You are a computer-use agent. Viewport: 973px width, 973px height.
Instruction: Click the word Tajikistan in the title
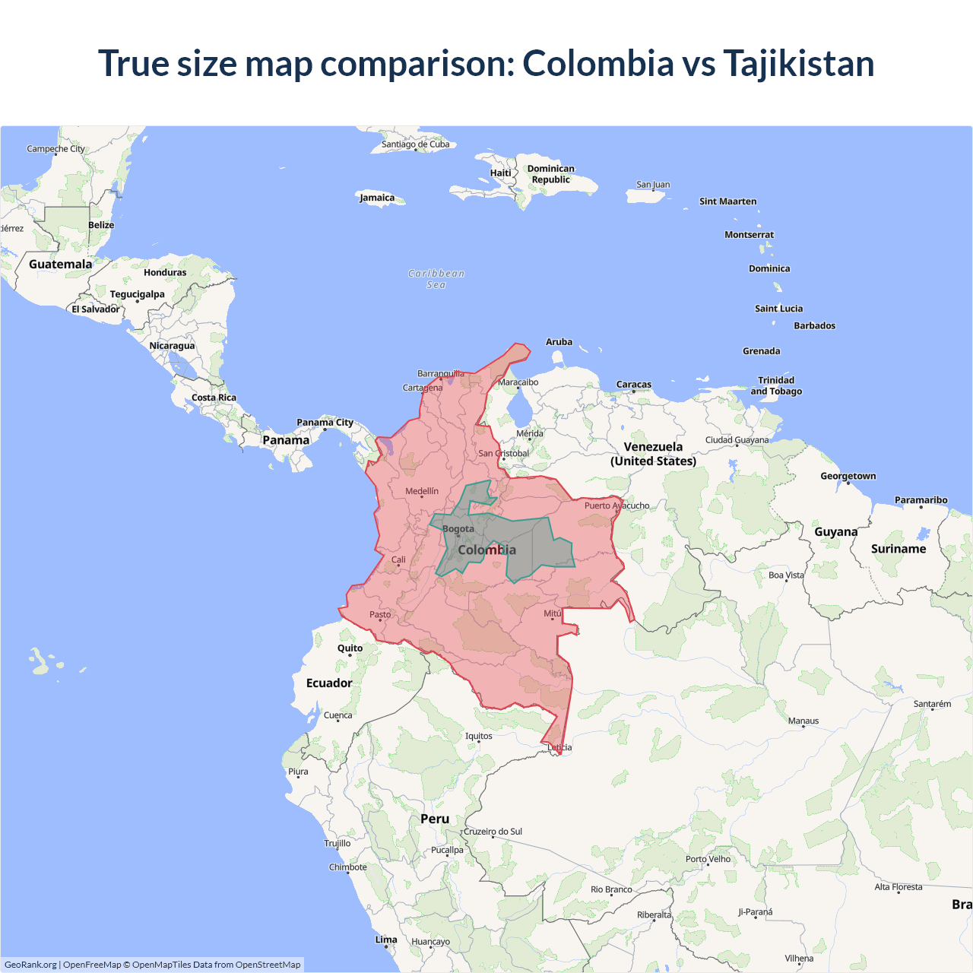(x=798, y=63)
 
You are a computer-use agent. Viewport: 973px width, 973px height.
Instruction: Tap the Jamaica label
(x=377, y=198)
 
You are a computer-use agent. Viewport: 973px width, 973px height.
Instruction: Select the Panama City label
(x=325, y=423)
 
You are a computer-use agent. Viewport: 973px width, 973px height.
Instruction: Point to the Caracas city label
(x=634, y=385)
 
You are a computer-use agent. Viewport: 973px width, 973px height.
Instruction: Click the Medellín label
(x=422, y=491)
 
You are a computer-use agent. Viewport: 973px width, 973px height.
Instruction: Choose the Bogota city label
(x=458, y=529)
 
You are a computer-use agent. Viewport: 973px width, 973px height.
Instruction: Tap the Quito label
(x=350, y=648)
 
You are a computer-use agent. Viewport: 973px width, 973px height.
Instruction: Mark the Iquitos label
(x=479, y=736)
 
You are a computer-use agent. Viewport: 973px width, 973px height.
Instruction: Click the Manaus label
(x=803, y=721)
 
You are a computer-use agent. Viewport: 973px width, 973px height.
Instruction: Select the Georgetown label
(x=848, y=476)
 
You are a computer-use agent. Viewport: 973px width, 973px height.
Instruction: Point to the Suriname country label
(x=899, y=549)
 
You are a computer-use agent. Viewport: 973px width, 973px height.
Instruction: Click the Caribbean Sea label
(x=436, y=279)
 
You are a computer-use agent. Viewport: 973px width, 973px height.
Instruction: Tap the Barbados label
(x=815, y=325)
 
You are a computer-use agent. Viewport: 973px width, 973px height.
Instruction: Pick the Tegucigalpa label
(x=138, y=294)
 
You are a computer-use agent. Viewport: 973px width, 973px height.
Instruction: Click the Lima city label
(x=386, y=940)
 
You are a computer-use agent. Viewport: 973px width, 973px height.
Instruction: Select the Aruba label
(x=559, y=342)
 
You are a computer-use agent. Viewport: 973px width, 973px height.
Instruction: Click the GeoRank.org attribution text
(x=30, y=965)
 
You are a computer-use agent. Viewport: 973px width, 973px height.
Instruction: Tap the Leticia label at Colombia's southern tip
(x=559, y=747)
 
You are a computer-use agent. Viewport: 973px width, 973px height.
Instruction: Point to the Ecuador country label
(x=329, y=683)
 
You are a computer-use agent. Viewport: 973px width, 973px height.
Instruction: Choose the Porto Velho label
(x=708, y=859)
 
